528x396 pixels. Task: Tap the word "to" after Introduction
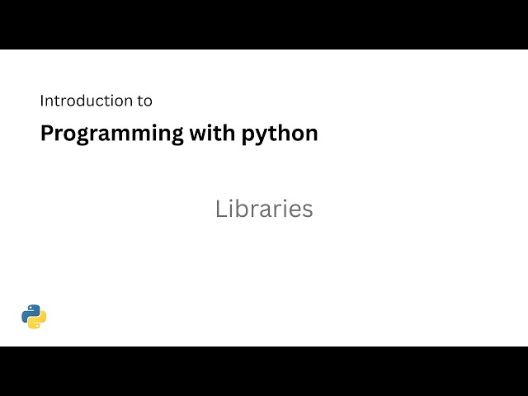click(144, 101)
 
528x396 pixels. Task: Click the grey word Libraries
click(264, 209)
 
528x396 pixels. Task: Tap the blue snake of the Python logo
click(30, 312)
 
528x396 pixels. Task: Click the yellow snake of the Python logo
click(38, 321)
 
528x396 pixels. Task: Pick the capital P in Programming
click(47, 133)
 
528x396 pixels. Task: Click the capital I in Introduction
click(42, 101)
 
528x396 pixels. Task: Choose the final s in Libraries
click(308, 210)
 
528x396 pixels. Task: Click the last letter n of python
click(311, 134)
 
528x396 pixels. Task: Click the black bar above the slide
click(264, 25)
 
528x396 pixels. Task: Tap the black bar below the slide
click(264, 371)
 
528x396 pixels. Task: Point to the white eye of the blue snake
click(29, 308)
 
